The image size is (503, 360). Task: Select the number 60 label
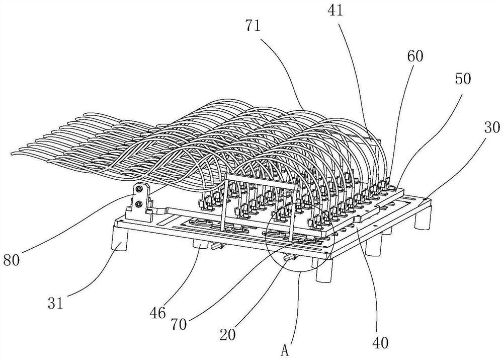tap(415, 56)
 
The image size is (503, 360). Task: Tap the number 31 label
tap(56, 304)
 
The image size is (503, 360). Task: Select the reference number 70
tap(179, 323)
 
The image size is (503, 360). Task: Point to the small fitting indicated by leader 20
tap(289, 258)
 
